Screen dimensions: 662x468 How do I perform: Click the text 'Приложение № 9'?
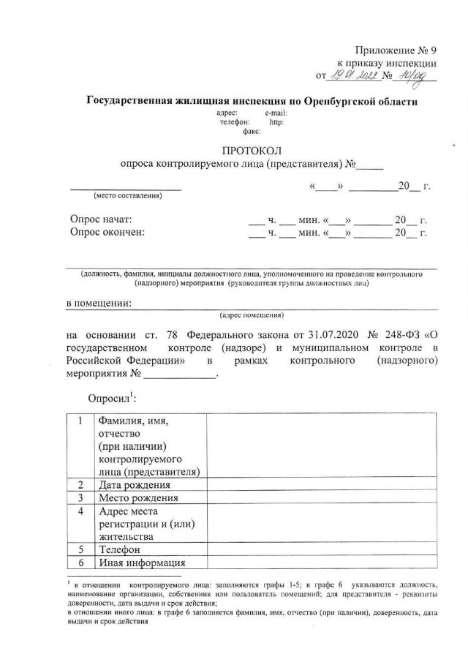394,50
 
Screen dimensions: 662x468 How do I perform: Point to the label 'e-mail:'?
276,113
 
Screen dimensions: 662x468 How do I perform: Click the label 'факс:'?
252,132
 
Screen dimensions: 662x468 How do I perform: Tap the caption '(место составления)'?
126,195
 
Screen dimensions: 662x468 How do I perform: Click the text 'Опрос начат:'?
101,219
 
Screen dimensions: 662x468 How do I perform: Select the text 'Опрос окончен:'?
107,233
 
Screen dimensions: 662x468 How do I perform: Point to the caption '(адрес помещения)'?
252,316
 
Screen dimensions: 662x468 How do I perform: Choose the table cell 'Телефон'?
118,549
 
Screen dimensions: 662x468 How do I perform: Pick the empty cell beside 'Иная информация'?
322,563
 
